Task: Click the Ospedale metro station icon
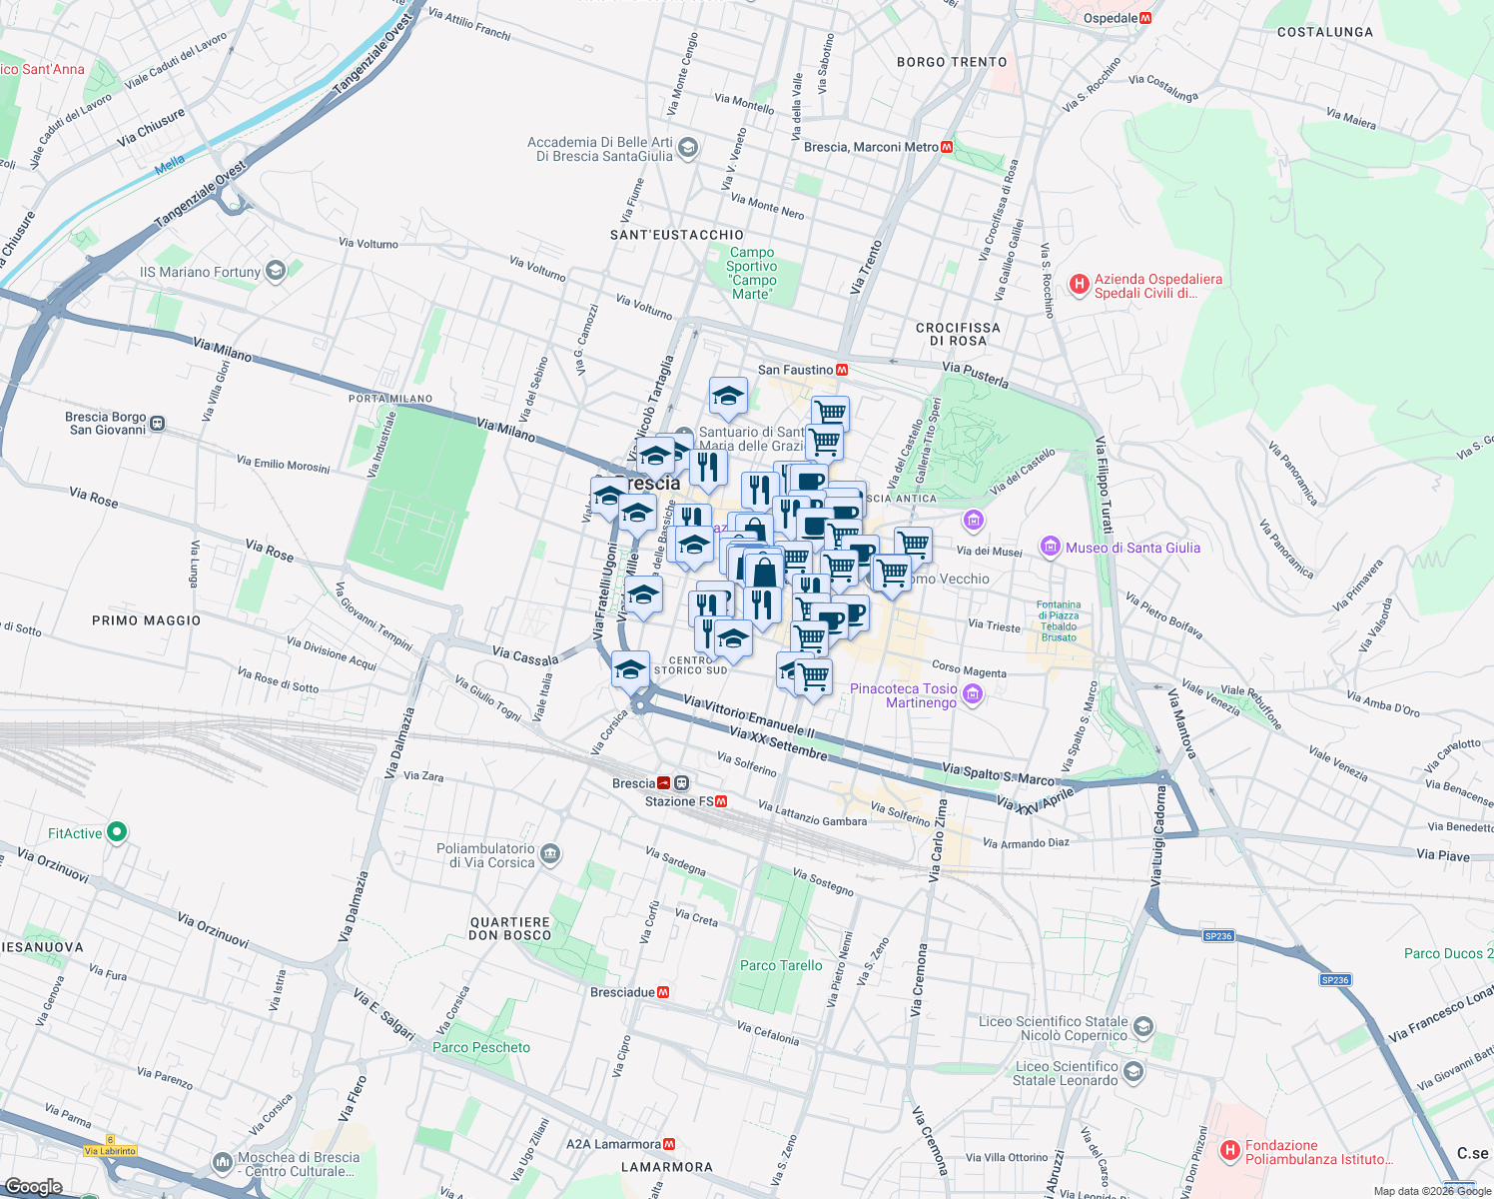[x=1145, y=18]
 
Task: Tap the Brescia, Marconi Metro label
[x=871, y=147]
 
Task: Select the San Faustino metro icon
[x=842, y=370]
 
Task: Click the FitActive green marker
[x=117, y=831]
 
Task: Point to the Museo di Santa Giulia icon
[x=1050, y=546]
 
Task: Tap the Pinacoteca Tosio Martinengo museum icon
[x=974, y=694]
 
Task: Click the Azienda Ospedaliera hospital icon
[x=1079, y=285]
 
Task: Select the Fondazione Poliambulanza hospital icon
[x=1230, y=1151]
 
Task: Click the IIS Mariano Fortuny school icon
[x=276, y=271]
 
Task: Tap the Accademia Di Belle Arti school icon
[x=687, y=149]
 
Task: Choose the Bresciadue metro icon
[x=663, y=992]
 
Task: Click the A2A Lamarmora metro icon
[x=669, y=1144]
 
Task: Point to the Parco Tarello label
[x=781, y=965]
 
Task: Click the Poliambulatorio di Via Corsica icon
[x=550, y=854]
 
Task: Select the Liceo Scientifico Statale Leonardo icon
[x=1132, y=1072]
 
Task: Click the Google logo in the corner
[x=34, y=1186]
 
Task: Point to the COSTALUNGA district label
[x=1324, y=32]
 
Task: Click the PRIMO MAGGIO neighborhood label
[x=146, y=620]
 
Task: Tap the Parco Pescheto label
[x=481, y=1047]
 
